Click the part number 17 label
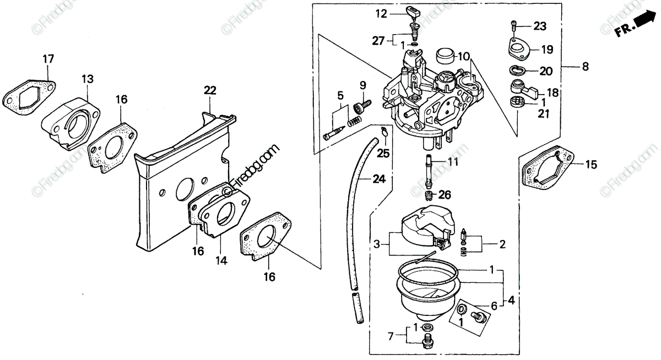[x=48, y=58]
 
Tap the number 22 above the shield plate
[x=210, y=90]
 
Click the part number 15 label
[x=590, y=164]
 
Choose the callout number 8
[x=584, y=67]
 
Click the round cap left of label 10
[x=444, y=56]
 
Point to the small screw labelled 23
[x=513, y=26]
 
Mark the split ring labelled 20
[x=517, y=70]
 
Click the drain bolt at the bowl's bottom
[x=427, y=342]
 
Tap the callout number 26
[x=445, y=194]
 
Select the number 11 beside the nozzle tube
[x=452, y=162]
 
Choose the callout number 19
[x=546, y=50]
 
